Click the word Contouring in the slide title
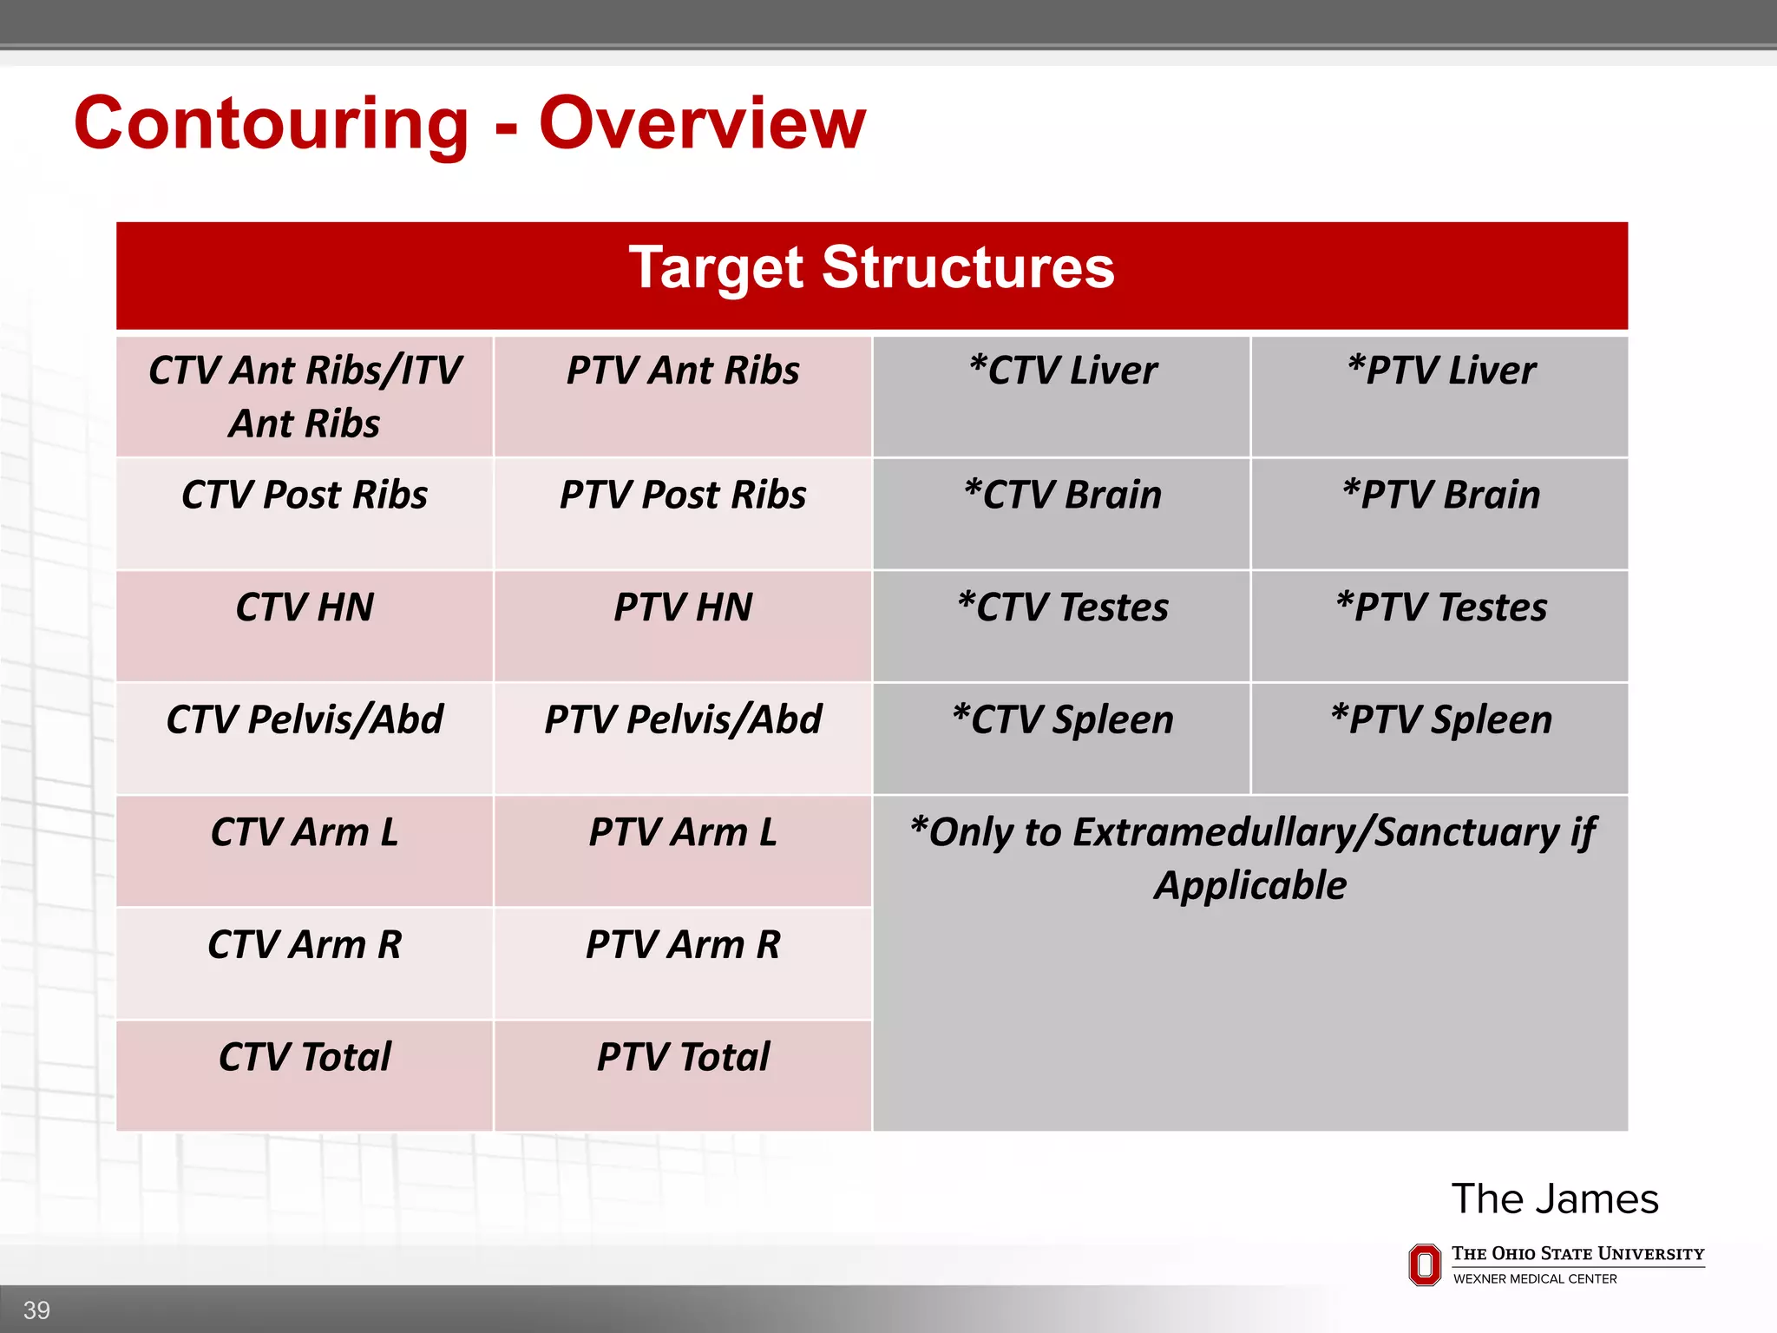click(x=271, y=124)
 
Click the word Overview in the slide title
click(x=702, y=124)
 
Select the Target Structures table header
click(x=871, y=268)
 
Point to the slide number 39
click(x=36, y=1310)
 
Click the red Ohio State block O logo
click(x=1424, y=1265)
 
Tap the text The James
click(x=1554, y=1199)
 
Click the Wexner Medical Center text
click(x=1534, y=1279)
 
